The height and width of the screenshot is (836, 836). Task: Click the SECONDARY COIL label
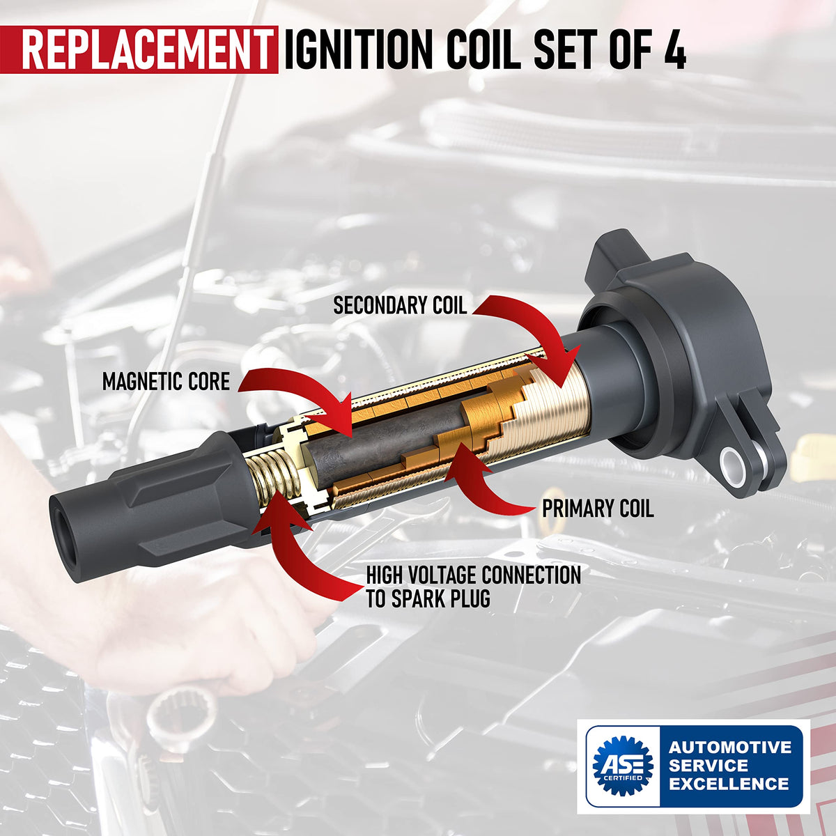tap(400, 305)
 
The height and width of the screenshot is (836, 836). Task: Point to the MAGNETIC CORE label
tap(166, 381)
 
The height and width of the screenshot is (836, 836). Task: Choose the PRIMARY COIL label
tap(598, 509)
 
